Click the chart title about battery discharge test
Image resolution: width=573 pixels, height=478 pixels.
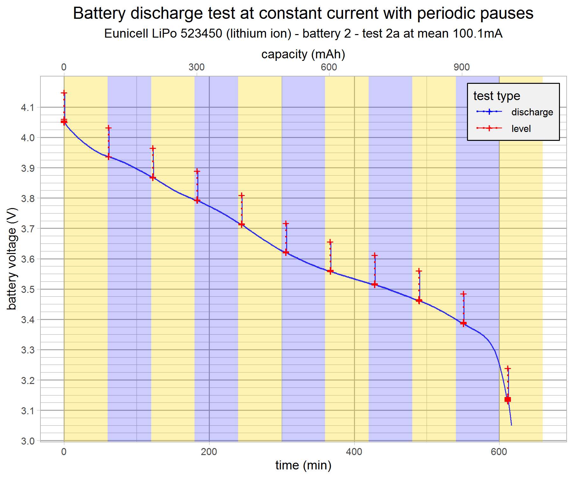click(x=303, y=13)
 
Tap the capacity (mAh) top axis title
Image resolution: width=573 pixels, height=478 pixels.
click(x=303, y=54)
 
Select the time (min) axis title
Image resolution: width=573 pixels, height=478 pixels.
click(x=303, y=465)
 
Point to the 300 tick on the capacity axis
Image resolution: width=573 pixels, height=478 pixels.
click(x=196, y=67)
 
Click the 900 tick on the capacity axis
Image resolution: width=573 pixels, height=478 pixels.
click(x=462, y=67)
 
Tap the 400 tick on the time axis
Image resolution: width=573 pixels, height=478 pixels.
click(x=354, y=452)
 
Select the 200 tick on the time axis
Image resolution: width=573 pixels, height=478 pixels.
click(x=209, y=452)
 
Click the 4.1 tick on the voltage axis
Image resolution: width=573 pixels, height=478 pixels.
click(x=27, y=108)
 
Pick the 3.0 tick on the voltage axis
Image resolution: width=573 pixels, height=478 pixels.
click(x=27, y=441)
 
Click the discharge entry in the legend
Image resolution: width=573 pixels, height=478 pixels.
click(x=532, y=112)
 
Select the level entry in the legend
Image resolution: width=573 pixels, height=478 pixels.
click(x=521, y=129)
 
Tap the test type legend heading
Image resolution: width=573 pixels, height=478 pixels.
click(x=497, y=96)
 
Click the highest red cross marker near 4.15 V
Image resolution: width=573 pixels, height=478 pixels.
click(x=64, y=93)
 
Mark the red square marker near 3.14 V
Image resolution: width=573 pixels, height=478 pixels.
click(x=508, y=400)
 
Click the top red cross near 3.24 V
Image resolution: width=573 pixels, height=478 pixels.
click(x=508, y=369)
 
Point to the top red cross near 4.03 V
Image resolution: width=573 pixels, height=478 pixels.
click(x=109, y=128)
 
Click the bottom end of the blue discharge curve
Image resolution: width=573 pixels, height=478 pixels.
click(x=511, y=425)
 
